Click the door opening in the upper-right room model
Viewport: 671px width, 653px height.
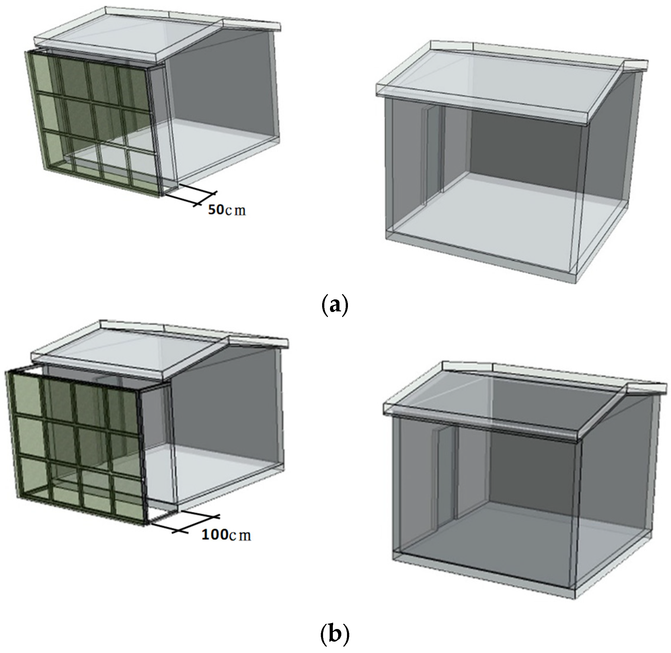click(433, 154)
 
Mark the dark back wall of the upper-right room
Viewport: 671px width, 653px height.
click(524, 144)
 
